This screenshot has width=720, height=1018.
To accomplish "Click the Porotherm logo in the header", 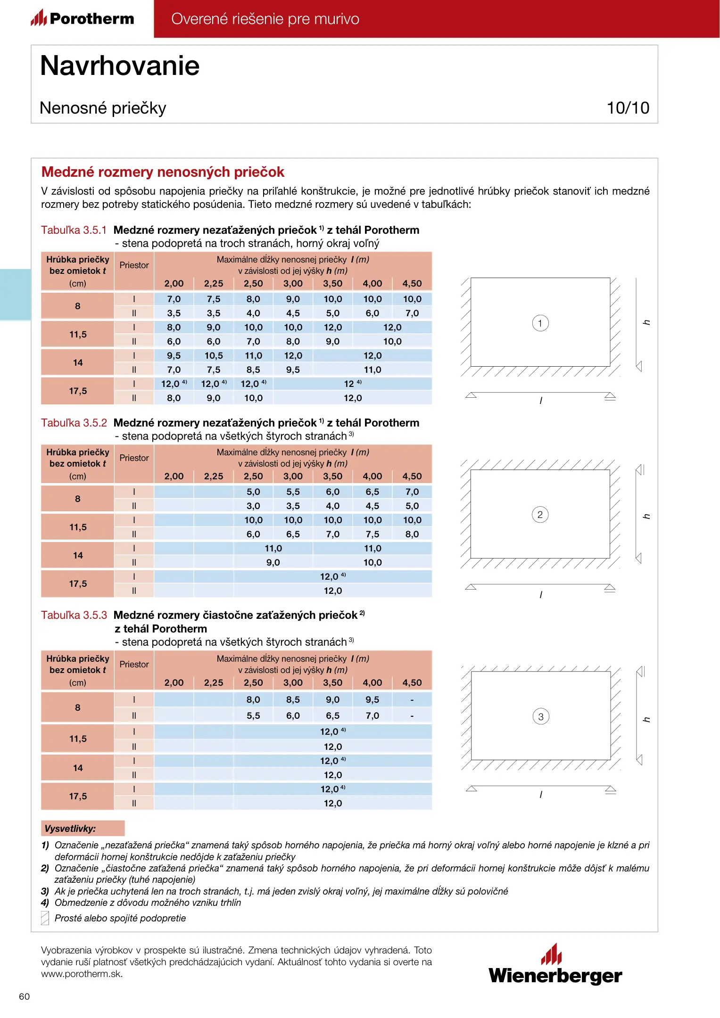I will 83,18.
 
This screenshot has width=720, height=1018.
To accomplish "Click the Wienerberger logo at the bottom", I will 555,966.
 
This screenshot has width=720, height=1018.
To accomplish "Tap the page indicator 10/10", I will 628,108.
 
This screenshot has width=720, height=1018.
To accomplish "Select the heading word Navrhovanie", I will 120,66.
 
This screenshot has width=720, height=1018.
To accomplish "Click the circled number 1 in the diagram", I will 540,323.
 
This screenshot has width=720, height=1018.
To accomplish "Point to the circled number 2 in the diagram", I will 540,515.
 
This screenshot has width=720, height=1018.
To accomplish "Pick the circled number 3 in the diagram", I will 540,717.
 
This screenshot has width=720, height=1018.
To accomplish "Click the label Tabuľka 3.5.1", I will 74,230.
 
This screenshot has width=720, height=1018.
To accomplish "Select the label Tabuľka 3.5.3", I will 74,615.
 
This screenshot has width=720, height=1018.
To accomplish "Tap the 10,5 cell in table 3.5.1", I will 214,356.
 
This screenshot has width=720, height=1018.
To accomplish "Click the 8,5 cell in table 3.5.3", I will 293,700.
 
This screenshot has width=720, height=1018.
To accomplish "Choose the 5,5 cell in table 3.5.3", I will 253,716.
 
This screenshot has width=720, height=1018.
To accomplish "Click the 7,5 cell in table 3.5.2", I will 372,534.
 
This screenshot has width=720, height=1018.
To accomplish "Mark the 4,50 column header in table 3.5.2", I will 412,476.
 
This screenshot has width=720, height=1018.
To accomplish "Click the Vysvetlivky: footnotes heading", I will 70,829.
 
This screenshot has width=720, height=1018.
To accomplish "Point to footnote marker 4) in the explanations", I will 45,903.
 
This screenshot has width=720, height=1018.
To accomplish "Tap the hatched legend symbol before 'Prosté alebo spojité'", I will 45,918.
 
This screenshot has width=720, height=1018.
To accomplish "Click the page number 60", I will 24,996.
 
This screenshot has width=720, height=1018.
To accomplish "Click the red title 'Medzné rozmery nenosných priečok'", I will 163,172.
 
